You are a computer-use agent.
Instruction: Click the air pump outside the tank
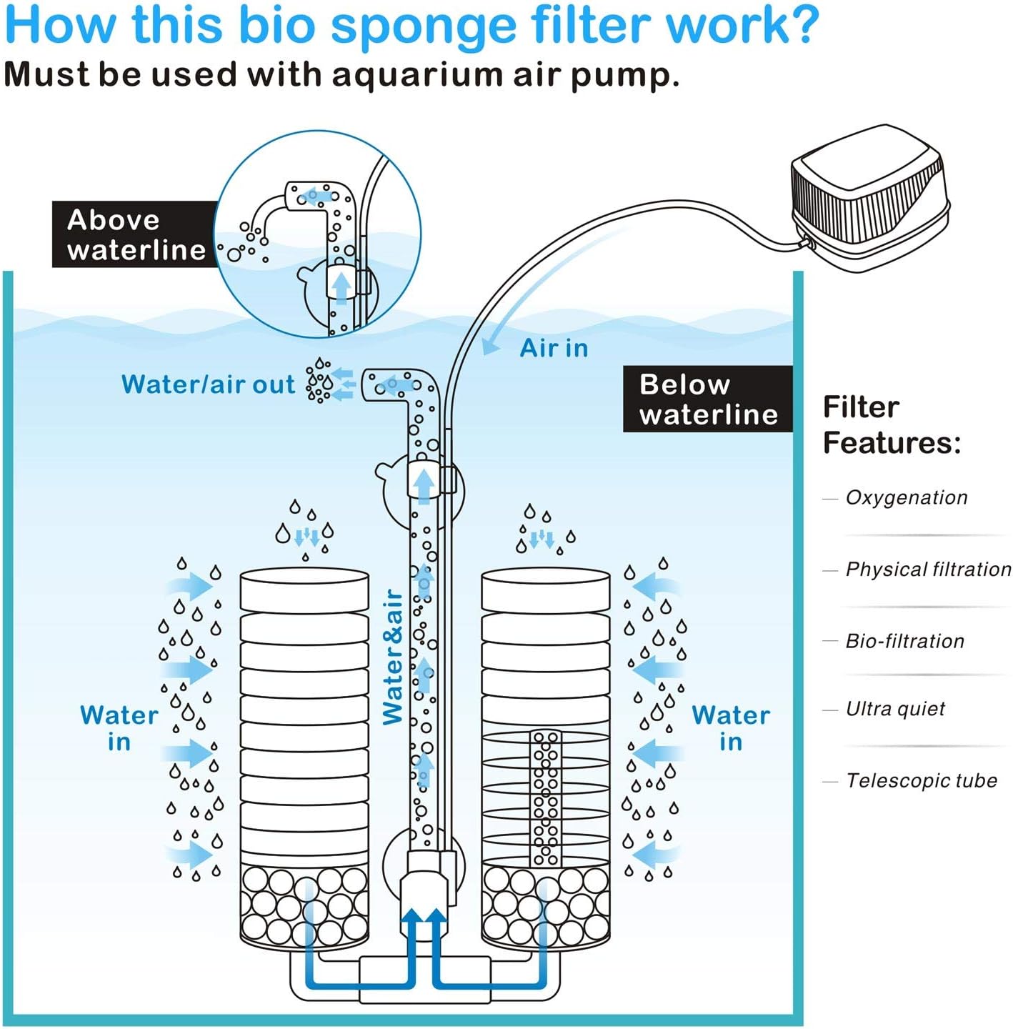[870, 198]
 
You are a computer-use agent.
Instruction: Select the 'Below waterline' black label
[707, 399]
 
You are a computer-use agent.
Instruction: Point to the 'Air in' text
[554, 348]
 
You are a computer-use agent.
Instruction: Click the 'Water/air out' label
[208, 384]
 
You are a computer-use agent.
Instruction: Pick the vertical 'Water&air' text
[393, 657]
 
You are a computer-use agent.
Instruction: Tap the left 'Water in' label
[119, 727]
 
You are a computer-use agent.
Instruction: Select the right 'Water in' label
[731, 727]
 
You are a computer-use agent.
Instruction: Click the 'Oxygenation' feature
[906, 497]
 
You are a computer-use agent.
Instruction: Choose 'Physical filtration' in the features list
[928, 569]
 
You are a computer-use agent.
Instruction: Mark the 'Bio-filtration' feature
[904, 641]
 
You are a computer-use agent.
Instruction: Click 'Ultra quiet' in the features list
[895, 709]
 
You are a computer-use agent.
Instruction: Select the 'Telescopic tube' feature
[921, 780]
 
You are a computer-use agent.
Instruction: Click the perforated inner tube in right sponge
[545, 797]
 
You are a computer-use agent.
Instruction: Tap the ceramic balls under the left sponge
[304, 905]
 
